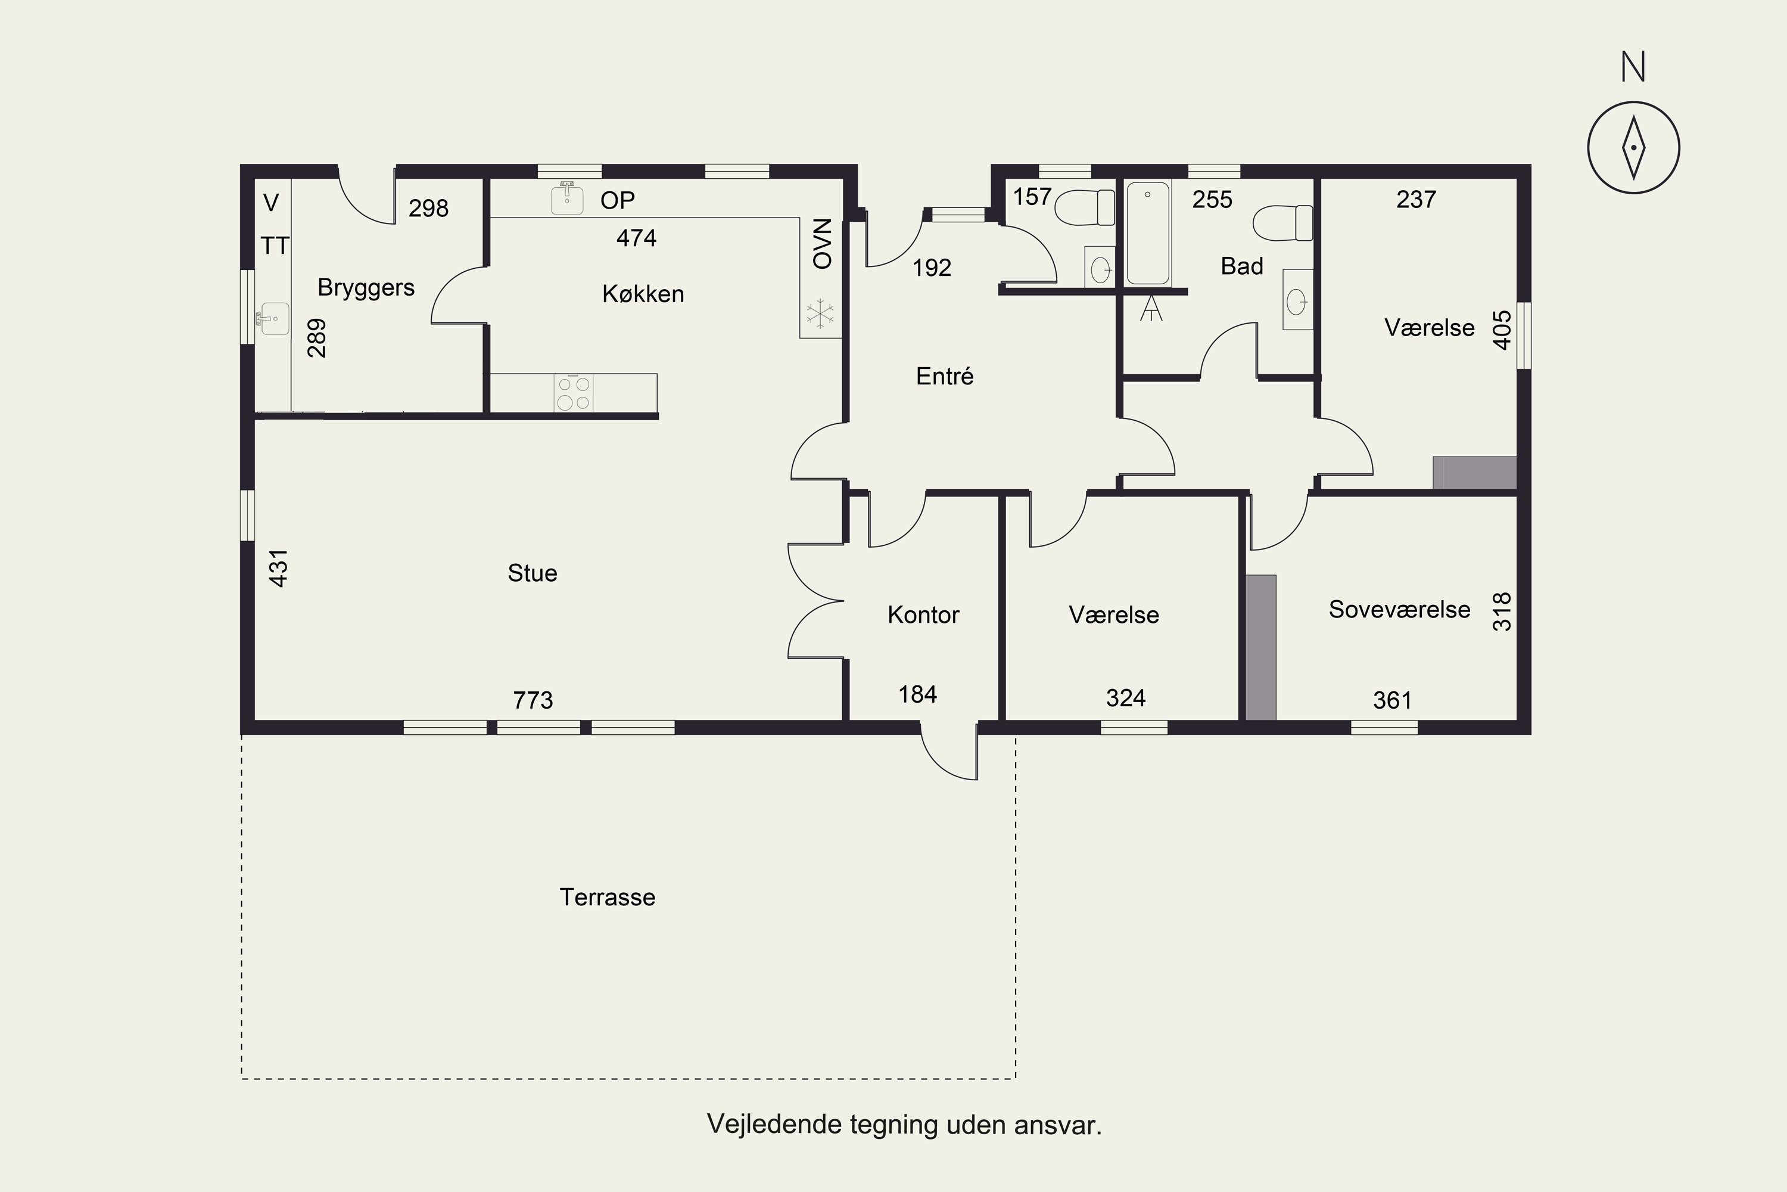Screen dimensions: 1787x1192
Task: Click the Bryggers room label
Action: pyautogui.click(x=366, y=288)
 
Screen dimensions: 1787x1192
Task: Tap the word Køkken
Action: pyautogui.click(x=643, y=294)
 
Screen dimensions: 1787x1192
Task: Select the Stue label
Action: pyautogui.click(x=532, y=573)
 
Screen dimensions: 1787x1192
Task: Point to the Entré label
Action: pyautogui.click(x=944, y=375)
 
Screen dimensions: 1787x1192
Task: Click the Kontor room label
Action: pyautogui.click(x=923, y=614)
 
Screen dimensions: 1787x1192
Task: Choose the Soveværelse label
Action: pyautogui.click(x=1399, y=609)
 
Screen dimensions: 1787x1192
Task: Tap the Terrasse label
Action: pyautogui.click(x=607, y=897)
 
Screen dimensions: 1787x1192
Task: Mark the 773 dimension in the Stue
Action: pyautogui.click(x=533, y=700)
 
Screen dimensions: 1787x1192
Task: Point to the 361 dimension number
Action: pyautogui.click(x=1392, y=700)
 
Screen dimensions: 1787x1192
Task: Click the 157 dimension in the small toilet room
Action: pyautogui.click(x=1032, y=197)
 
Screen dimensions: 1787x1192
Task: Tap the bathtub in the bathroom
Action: pyautogui.click(x=1148, y=234)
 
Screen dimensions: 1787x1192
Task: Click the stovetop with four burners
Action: pyautogui.click(x=574, y=393)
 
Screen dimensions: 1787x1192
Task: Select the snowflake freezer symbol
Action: pyautogui.click(x=820, y=315)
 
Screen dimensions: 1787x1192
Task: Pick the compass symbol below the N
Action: pyautogui.click(x=1633, y=147)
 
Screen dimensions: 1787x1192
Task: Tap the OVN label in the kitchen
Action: pyautogui.click(x=823, y=244)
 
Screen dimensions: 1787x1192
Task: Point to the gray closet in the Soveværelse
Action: pyautogui.click(x=1260, y=647)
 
